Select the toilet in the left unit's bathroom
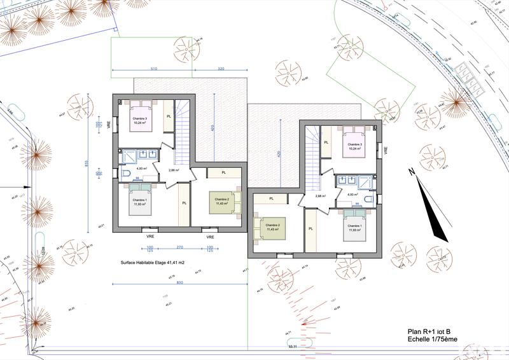point(126,174)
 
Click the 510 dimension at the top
point(153,67)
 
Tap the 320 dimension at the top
point(220,67)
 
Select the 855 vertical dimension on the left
point(87,164)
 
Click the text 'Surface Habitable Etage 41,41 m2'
point(153,262)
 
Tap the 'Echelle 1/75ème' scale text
point(433,340)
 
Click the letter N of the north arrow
point(412,172)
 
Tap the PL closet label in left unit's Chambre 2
point(225,173)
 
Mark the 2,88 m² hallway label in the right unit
point(319,196)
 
